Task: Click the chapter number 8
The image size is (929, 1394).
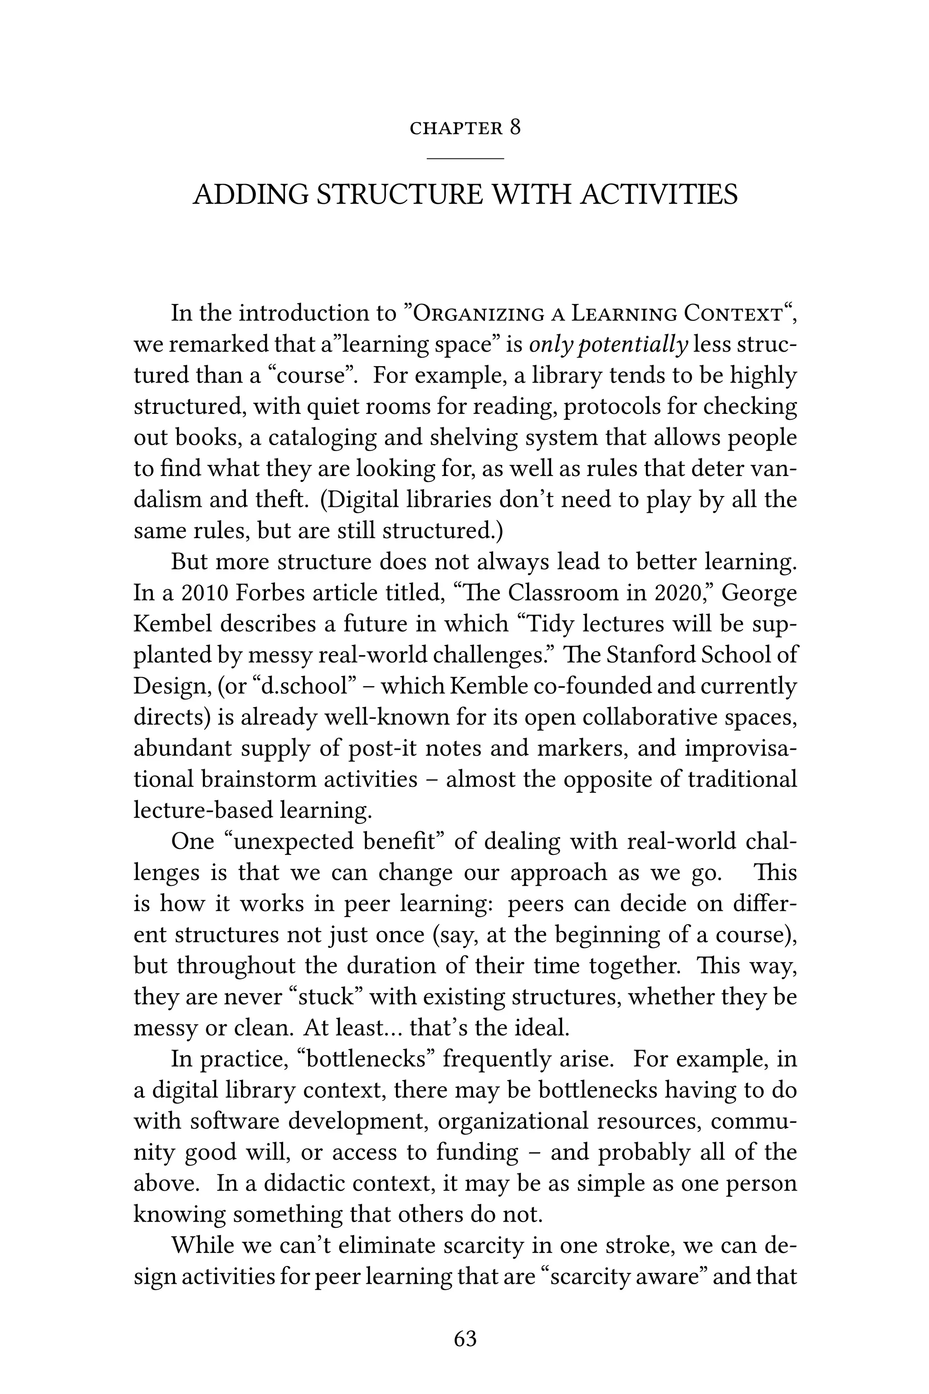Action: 515,128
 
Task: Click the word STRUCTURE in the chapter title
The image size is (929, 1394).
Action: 400,194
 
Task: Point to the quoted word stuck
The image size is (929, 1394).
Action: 331,996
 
